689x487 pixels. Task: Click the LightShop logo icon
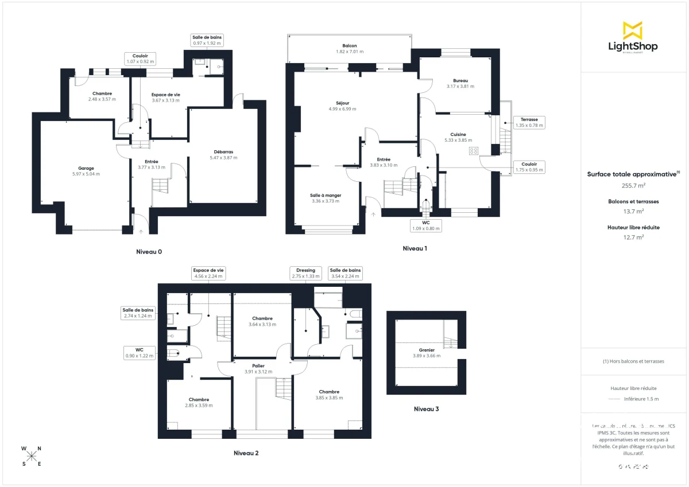pos(633,30)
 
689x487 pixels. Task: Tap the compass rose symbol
pos(32,456)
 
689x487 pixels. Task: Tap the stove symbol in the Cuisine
pos(474,151)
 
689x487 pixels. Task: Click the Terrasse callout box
pos(529,122)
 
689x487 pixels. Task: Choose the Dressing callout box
pos(305,273)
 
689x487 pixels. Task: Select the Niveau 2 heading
pos(246,453)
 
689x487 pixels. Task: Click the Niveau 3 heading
pos(426,410)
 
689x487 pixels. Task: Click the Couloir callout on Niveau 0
pos(140,58)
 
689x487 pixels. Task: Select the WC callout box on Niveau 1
pos(425,225)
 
